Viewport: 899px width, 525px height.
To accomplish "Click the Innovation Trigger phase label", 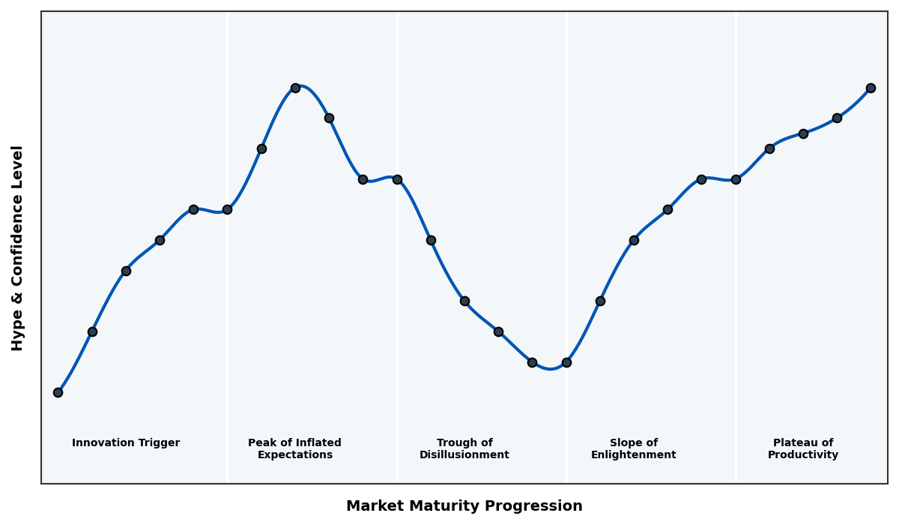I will pyautogui.click(x=126, y=443).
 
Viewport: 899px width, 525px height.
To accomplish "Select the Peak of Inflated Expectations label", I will pyautogui.click(x=294, y=448).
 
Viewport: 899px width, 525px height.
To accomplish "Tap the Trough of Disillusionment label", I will pyautogui.click(x=464, y=448).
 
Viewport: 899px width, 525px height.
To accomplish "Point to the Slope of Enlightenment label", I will pyautogui.click(x=633, y=448).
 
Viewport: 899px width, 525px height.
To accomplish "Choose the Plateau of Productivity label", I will pyautogui.click(x=802, y=448).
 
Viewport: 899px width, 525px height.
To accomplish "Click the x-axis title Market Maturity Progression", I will pyautogui.click(x=464, y=506).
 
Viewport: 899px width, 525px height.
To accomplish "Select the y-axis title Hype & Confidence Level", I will pyautogui.click(x=18, y=248).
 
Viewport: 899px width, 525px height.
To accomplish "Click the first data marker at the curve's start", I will pyautogui.click(x=58, y=392).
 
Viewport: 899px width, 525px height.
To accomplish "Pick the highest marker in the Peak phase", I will pyautogui.click(x=295, y=88).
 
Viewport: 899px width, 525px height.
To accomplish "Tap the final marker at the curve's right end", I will pyautogui.click(x=871, y=88).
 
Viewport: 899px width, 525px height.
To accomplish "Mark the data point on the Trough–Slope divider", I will pyautogui.click(x=566, y=362).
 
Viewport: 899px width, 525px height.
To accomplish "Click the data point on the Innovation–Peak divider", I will pyautogui.click(x=227, y=209).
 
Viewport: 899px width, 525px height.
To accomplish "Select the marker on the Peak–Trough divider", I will pyautogui.click(x=397, y=179).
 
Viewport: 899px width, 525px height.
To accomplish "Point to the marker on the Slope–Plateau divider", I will pyautogui.click(x=736, y=179).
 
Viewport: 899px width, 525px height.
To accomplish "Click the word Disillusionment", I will pyautogui.click(x=464, y=455).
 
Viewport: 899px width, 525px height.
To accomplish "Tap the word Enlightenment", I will pyautogui.click(x=633, y=455).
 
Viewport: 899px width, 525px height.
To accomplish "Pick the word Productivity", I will pyautogui.click(x=802, y=455).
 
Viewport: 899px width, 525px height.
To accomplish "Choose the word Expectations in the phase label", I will pyautogui.click(x=294, y=455).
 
